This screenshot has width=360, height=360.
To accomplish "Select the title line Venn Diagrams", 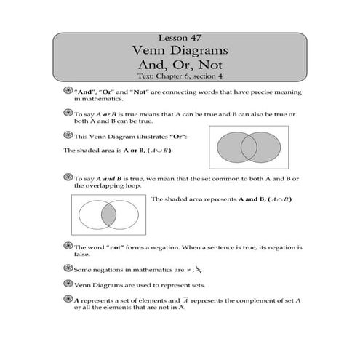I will pyautogui.click(x=180, y=51).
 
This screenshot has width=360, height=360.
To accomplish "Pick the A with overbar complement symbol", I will pyautogui.click(x=185, y=299).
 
